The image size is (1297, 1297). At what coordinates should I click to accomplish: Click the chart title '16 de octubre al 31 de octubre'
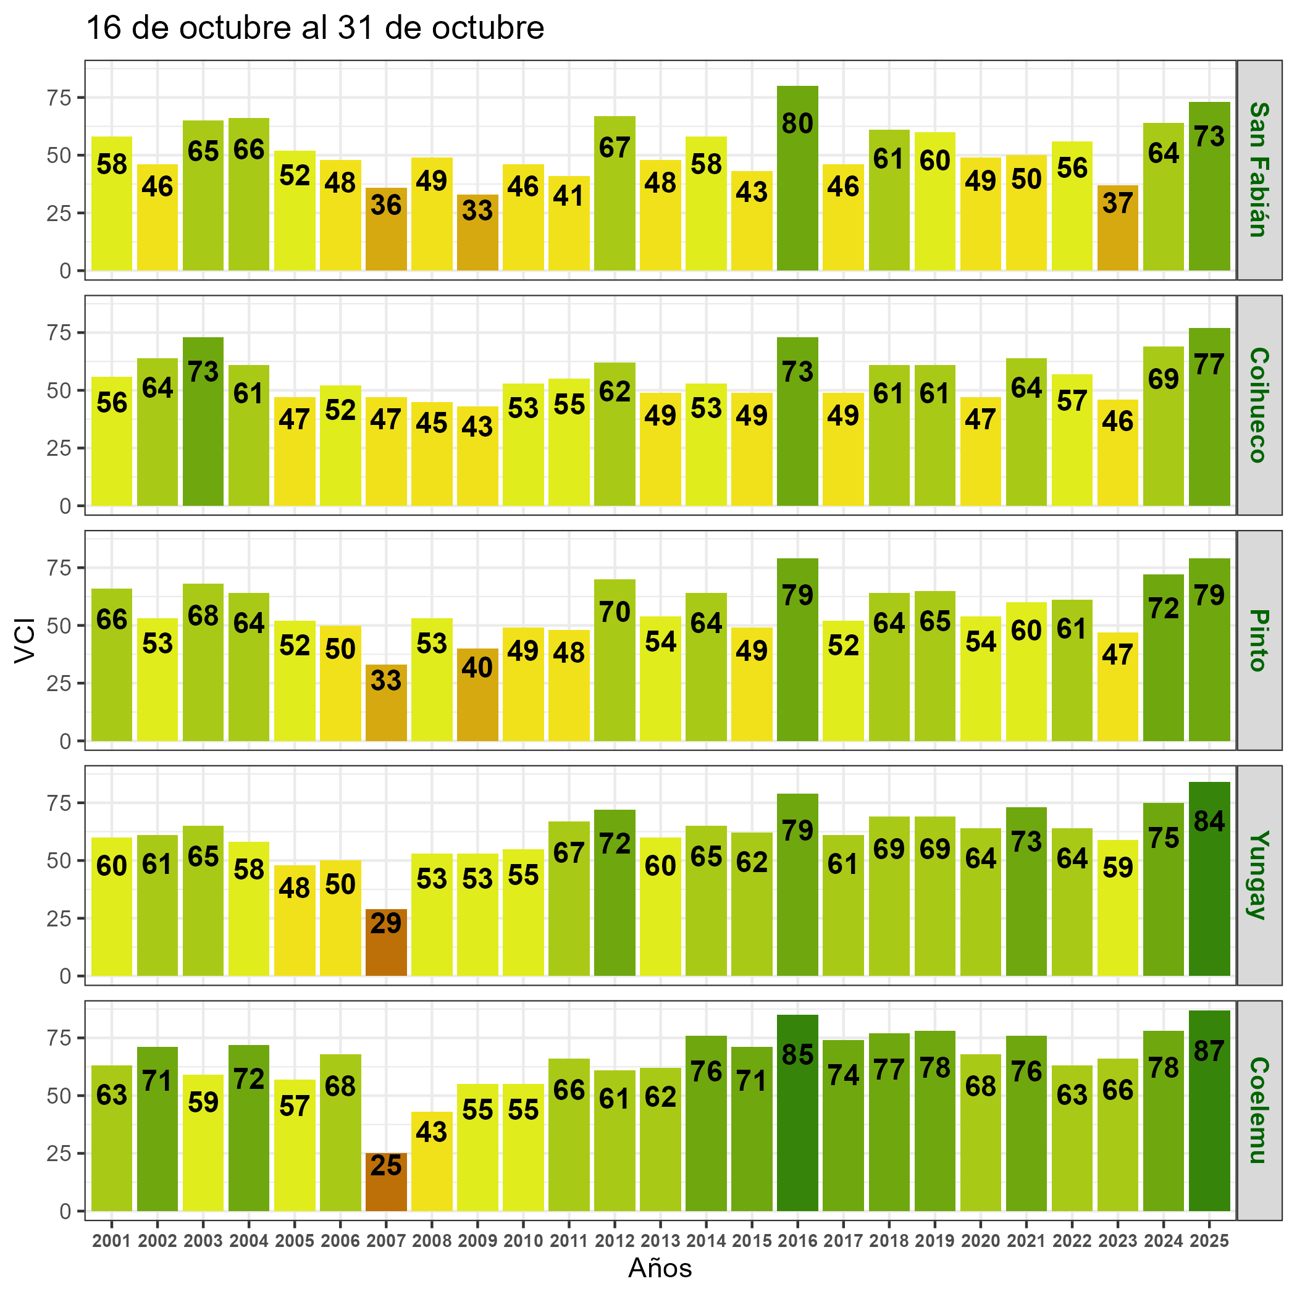point(315,28)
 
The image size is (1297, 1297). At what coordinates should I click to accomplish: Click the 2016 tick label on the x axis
point(797,1241)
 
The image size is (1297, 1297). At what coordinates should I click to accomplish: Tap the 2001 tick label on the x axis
point(111,1241)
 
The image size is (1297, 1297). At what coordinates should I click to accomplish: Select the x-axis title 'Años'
point(660,1268)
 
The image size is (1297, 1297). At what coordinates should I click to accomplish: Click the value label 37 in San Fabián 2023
point(1118,203)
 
